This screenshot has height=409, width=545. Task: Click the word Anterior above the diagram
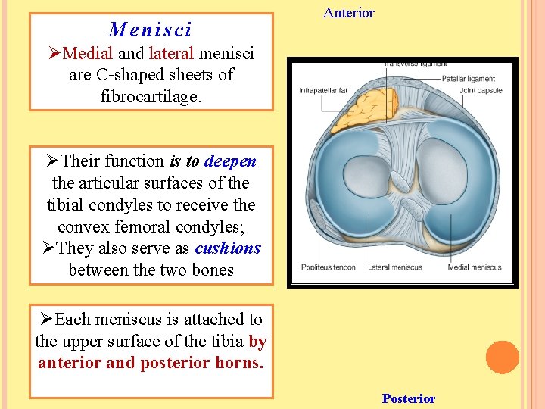(348, 13)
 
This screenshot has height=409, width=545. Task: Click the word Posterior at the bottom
(409, 398)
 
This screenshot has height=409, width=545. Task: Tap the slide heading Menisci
(151, 30)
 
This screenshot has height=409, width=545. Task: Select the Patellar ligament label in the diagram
(469, 78)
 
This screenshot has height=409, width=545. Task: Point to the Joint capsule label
(481, 91)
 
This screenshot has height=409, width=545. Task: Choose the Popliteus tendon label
(329, 267)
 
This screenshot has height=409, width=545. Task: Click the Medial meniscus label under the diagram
(474, 267)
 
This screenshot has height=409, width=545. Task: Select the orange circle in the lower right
(503, 357)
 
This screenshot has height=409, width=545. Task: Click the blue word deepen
(230, 161)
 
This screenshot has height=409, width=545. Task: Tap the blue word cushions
(227, 248)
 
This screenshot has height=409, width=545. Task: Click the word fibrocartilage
(151, 96)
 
